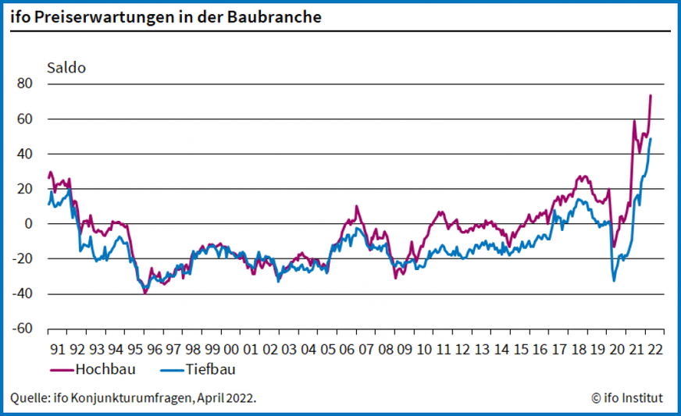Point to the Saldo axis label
tap(68, 67)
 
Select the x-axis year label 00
tap(231, 348)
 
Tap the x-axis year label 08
tap(385, 348)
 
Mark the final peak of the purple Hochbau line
tap(651, 96)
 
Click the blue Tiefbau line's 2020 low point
tap(614, 280)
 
